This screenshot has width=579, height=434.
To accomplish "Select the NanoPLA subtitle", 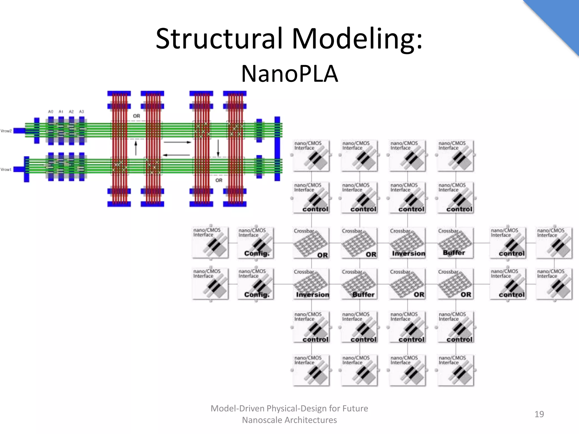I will [x=289, y=74].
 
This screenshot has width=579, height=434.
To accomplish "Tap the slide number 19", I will [x=539, y=414].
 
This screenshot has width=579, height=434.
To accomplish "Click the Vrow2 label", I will [x=6, y=131].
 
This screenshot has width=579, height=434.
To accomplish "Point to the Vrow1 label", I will [x=6, y=170].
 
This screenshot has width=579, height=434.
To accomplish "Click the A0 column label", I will [x=51, y=112].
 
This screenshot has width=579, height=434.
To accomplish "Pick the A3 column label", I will [x=81, y=112].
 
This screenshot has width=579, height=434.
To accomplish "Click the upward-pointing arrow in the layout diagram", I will [x=136, y=148].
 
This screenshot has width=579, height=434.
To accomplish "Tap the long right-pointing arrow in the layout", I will [x=177, y=142].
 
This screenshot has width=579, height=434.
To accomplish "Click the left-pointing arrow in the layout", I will [x=176, y=155].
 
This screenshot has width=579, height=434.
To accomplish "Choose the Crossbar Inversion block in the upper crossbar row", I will [x=407, y=243].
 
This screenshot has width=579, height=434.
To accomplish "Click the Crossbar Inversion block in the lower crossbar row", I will [x=311, y=284].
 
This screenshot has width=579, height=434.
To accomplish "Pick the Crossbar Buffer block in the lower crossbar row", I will [x=359, y=284].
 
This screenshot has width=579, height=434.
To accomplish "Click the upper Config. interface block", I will [x=256, y=243].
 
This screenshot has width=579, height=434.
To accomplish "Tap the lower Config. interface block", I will [x=256, y=284].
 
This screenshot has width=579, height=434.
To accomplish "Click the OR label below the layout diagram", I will [x=219, y=180].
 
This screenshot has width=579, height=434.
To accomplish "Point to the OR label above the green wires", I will [x=136, y=116].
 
